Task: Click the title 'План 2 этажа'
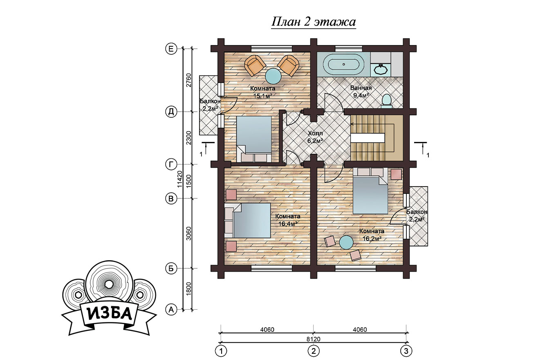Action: coord(314,22)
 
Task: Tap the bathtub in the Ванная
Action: coord(343,64)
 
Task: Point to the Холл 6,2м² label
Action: coord(315,137)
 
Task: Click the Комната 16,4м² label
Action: coord(288,220)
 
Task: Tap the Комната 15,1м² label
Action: coord(262,92)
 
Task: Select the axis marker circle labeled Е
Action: coord(171,49)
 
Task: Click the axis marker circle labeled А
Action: coord(171,310)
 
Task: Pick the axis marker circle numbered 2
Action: coord(314,351)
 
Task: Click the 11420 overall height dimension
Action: coord(180,179)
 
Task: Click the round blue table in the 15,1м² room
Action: coord(273,76)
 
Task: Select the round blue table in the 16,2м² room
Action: coord(346,242)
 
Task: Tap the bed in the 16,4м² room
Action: coord(248,220)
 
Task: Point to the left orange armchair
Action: coord(255,65)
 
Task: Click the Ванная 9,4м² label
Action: coord(361,91)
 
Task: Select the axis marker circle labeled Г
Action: coord(171,164)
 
